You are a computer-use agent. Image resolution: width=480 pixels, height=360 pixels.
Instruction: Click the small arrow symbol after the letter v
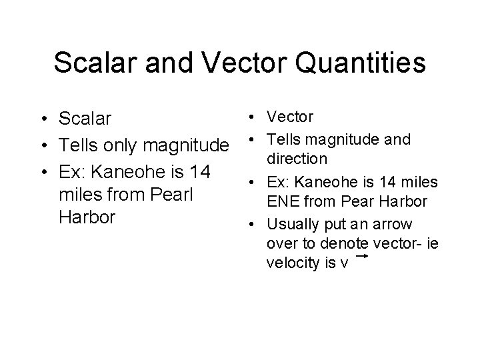coord(363,255)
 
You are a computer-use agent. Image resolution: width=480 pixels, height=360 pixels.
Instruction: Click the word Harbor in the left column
coord(87,218)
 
